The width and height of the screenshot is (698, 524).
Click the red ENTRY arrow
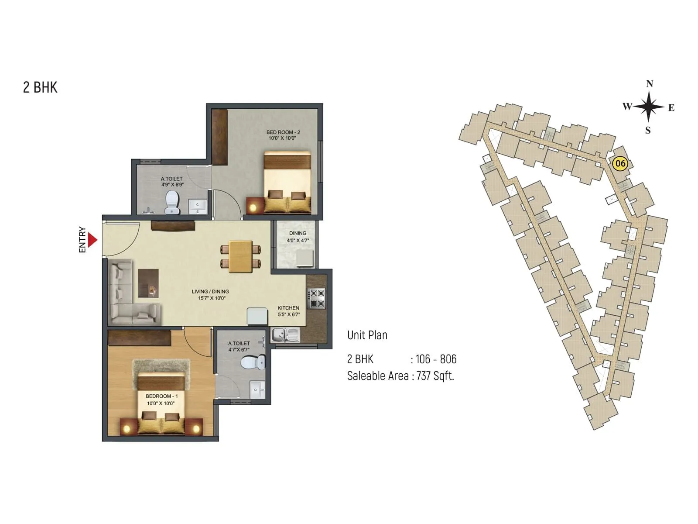click(x=92, y=240)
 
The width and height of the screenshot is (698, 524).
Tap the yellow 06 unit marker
click(x=619, y=164)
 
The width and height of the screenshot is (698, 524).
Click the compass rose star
click(x=649, y=107)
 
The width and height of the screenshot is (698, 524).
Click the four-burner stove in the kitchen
click(x=316, y=298)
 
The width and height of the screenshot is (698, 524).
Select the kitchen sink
click(x=285, y=335)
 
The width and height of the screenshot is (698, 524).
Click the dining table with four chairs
click(x=241, y=256)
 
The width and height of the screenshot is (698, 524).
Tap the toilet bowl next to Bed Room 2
click(x=172, y=203)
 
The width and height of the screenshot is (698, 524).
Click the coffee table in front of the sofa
click(x=148, y=283)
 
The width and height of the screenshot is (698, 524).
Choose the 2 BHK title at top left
click(x=40, y=87)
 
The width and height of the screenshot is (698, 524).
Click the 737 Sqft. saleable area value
click(x=435, y=376)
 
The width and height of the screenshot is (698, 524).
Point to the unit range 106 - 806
click(x=436, y=359)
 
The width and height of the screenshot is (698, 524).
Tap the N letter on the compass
click(x=649, y=84)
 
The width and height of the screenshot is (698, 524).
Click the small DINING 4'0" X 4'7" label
click(x=298, y=237)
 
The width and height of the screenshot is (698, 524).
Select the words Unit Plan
click(x=367, y=335)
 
